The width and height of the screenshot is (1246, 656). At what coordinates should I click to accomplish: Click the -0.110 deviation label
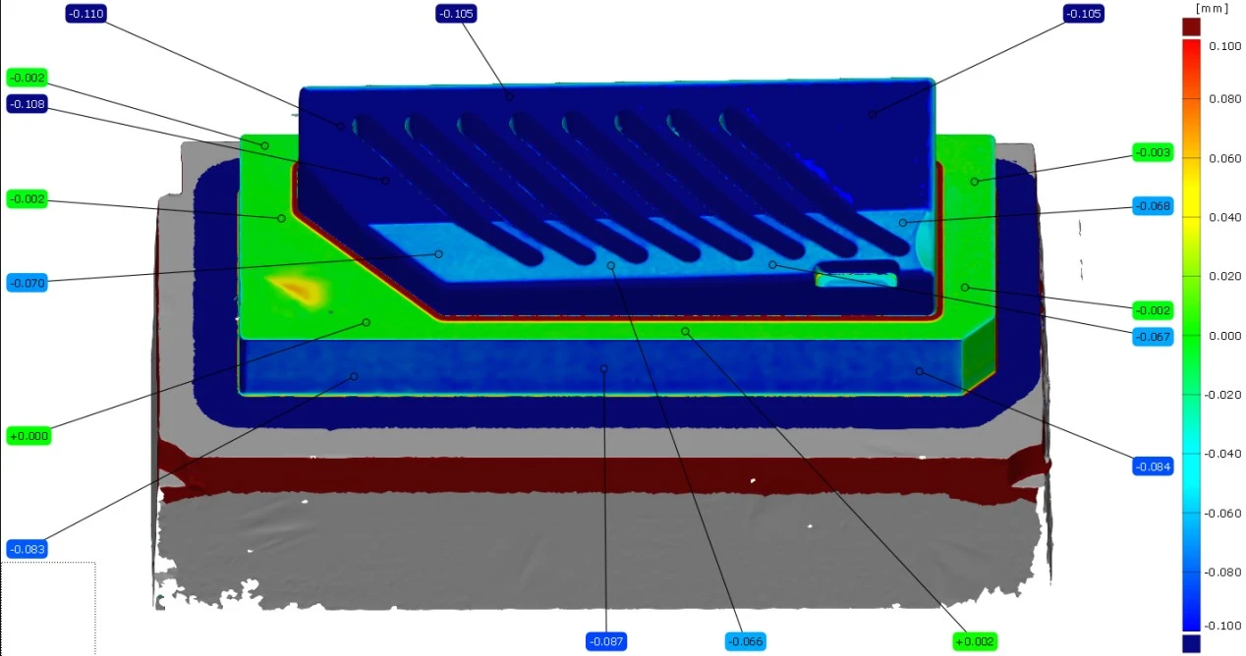click(x=85, y=14)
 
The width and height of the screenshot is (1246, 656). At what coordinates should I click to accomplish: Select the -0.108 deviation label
click(x=28, y=104)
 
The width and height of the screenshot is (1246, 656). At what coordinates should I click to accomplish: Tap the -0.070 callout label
click(x=28, y=283)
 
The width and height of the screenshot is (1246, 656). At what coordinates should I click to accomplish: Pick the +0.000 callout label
click(x=28, y=436)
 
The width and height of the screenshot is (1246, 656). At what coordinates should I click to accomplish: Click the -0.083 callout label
click(x=28, y=549)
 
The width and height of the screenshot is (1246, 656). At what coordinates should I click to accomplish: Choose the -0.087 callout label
click(x=606, y=641)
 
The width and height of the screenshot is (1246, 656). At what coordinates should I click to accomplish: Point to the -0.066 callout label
click(x=746, y=641)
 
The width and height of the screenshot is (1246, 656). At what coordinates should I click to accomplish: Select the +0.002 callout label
click(x=975, y=641)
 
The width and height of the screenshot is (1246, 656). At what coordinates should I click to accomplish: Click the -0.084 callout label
click(x=1153, y=466)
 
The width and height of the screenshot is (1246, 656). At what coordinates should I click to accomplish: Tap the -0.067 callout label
click(x=1153, y=337)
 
